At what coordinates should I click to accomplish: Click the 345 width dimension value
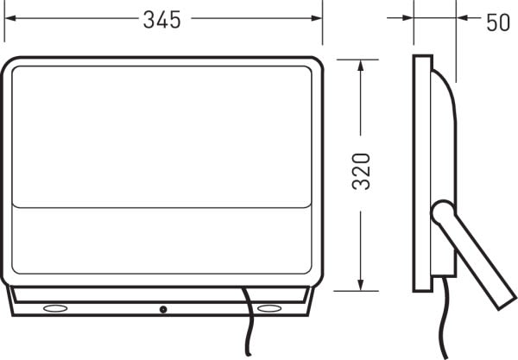[x=162, y=20]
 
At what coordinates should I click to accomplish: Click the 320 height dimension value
[x=361, y=172]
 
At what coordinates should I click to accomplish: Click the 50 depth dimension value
[x=498, y=22]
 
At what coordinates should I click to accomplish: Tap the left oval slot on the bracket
[x=55, y=308]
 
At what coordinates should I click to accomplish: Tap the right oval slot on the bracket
[x=269, y=308]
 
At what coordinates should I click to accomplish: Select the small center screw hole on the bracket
[x=163, y=309]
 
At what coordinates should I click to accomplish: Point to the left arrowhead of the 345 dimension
[x=10, y=18]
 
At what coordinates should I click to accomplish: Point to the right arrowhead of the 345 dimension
[x=317, y=18]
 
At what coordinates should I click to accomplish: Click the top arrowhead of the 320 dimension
[x=361, y=66]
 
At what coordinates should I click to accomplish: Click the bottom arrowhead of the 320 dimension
[x=361, y=285]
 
